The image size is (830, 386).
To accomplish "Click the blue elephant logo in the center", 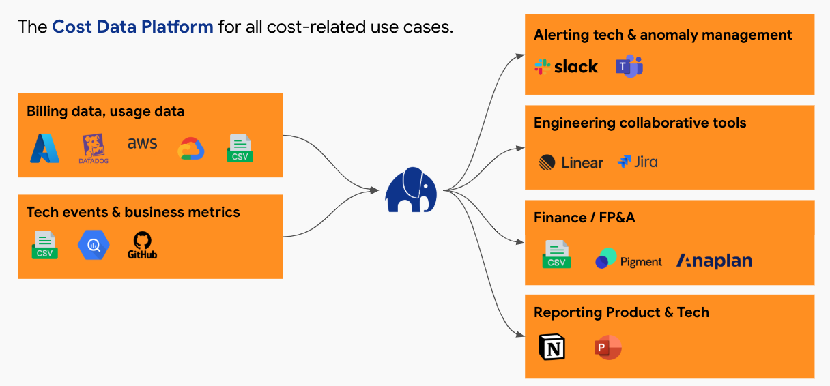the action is pyautogui.click(x=411, y=190).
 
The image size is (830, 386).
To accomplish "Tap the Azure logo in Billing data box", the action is pyautogui.click(x=44, y=149).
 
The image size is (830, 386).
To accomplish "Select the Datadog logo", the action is pyautogui.click(x=94, y=149).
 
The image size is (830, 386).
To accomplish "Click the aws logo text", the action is pyautogui.click(x=142, y=143).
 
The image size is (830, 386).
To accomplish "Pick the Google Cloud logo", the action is pyautogui.click(x=191, y=149).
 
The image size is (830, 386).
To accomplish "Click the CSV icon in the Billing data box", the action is pyautogui.click(x=240, y=148).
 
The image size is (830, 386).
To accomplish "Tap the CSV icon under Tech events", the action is pyautogui.click(x=45, y=245).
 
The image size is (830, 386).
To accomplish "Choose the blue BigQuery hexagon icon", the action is pyautogui.click(x=94, y=245).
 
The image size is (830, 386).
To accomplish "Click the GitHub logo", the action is pyautogui.click(x=142, y=246).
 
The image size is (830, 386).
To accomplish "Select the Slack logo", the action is pyautogui.click(x=566, y=67).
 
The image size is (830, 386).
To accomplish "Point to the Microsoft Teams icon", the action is pyautogui.click(x=629, y=66).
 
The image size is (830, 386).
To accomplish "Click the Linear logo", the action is pyautogui.click(x=571, y=162).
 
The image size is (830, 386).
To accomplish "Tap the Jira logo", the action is pyautogui.click(x=638, y=162).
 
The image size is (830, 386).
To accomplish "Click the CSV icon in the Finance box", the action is pyautogui.click(x=556, y=254).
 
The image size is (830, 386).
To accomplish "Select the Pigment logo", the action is pyautogui.click(x=629, y=258).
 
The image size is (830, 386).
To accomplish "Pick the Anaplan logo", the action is pyautogui.click(x=714, y=261).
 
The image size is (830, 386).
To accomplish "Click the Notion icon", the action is pyautogui.click(x=552, y=347).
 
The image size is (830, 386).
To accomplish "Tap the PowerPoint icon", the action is pyautogui.click(x=608, y=348).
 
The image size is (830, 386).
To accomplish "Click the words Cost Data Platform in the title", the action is pyautogui.click(x=132, y=27).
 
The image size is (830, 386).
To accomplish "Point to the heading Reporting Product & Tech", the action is pyautogui.click(x=621, y=312).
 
